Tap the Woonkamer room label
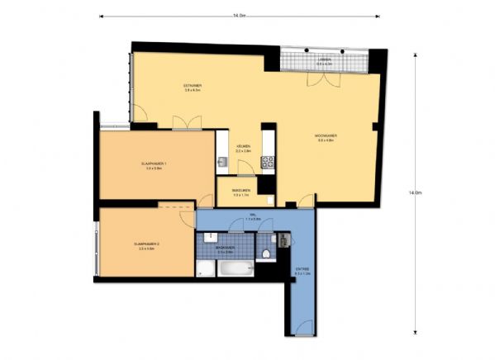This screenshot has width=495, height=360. coord(325,137)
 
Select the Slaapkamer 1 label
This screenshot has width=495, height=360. coord(155,166)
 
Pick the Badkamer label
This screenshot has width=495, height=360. coord(225,248)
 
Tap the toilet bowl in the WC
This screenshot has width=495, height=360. coord(269,253)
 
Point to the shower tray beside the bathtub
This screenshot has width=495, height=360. coord(204,268)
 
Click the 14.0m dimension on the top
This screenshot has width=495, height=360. coord(239,15)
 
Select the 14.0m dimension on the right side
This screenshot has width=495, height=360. coord(415,192)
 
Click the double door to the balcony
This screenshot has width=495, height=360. coord(318,79)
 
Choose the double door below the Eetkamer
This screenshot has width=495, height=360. coord(186,123)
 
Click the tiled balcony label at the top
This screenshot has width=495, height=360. coord(326,59)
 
